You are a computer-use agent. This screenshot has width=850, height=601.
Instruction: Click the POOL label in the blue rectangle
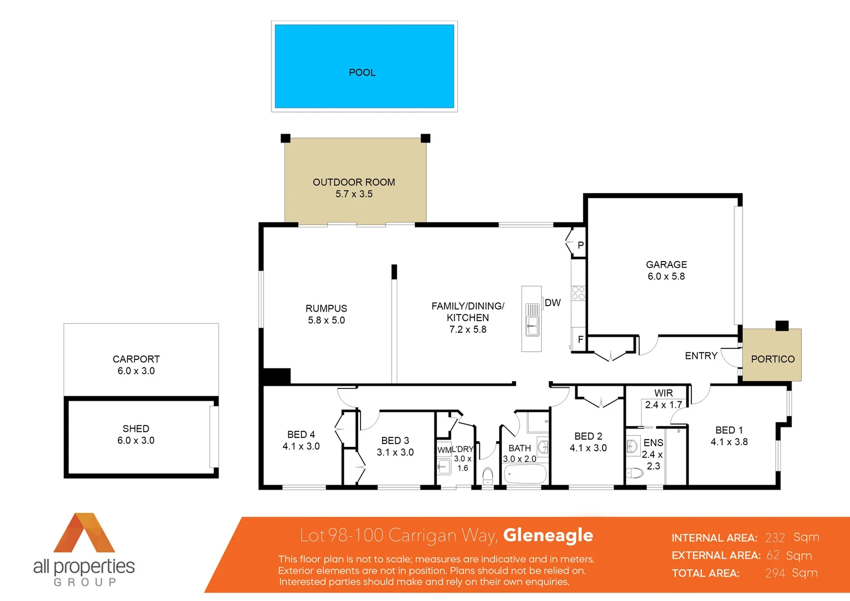tap(362, 72)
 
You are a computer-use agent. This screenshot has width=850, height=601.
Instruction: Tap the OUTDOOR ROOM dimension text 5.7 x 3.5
tap(354, 194)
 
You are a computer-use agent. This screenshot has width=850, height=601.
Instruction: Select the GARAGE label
tap(666, 264)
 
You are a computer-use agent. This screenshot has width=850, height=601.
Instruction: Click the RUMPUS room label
tap(326, 308)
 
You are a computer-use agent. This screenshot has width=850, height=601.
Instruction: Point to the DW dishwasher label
tap(552, 303)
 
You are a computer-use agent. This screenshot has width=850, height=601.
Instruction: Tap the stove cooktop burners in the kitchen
tap(578, 293)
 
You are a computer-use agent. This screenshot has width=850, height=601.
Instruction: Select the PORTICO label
tap(773, 359)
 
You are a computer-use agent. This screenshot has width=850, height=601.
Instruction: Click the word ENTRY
tap(701, 356)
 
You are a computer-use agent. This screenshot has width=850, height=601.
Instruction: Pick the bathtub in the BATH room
tap(525, 475)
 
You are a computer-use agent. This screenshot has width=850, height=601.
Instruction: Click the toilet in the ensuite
tap(635, 474)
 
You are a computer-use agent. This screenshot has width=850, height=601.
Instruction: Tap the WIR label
tap(663, 393)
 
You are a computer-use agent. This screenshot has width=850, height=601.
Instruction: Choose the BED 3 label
tap(395, 440)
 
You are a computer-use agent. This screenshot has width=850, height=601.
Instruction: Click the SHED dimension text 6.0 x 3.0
tap(136, 440)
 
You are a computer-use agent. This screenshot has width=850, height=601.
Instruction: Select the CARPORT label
tap(136, 359)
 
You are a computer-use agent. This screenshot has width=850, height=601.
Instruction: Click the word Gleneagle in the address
tap(548, 535)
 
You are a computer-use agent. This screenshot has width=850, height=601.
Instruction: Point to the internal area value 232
tap(775, 538)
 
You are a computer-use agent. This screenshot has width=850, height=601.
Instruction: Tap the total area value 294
tap(775, 573)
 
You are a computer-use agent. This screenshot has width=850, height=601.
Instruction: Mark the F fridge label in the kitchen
tap(580, 339)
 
